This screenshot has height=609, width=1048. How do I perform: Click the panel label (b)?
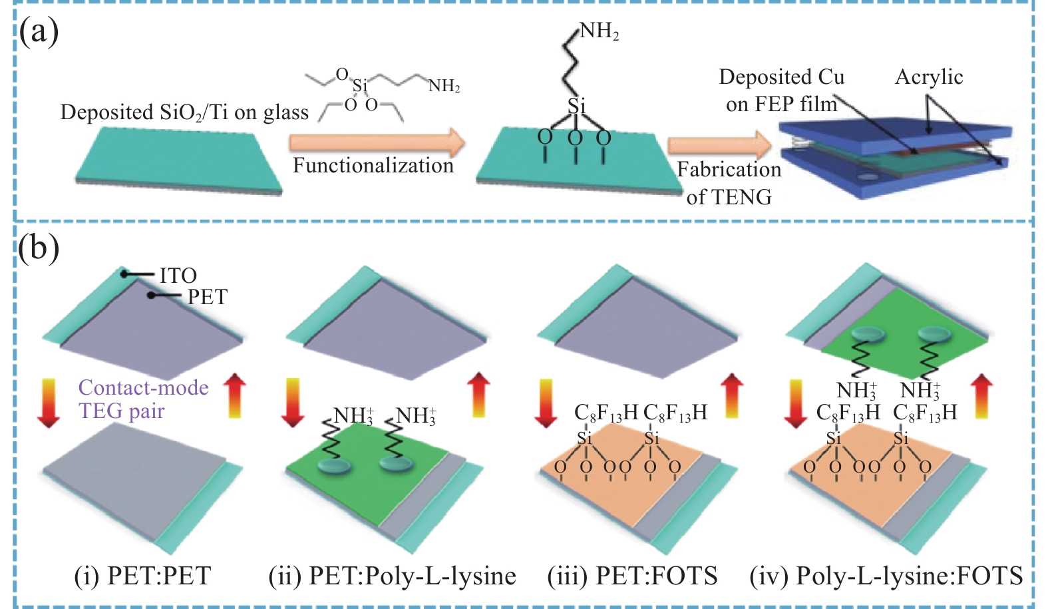(x=39, y=248)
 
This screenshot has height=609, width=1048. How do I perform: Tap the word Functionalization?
(x=373, y=165)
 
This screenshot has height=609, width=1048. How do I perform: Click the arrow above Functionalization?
(x=377, y=142)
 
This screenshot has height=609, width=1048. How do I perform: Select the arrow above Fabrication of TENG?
(x=719, y=146)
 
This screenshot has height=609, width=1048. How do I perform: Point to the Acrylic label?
(x=929, y=77)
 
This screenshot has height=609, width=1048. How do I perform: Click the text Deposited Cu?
(x=782, y=77)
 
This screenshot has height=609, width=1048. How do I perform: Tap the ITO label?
(x=178, y=276)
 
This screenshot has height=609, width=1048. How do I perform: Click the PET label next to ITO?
(x=207, y=297)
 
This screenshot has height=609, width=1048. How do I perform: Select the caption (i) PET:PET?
(x=142, y=576)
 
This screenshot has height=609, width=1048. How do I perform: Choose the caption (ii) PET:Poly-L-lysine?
(x=393, y=576)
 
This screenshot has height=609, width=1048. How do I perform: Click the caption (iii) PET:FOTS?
(x=632, y=576)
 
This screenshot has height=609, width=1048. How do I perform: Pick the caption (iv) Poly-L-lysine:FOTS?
(x=886, y=576)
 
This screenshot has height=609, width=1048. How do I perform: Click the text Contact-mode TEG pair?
(x=143, y=399)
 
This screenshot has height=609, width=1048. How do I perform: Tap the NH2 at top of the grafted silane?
(x=599, y=31)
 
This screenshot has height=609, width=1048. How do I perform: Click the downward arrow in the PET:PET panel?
(x=49, y=403)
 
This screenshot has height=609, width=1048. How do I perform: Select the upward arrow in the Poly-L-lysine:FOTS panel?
(x=981, y=397)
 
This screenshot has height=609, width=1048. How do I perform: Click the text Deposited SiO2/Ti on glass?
(x=184, y=112)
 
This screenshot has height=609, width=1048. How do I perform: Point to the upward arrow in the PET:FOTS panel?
(x=732, y=397)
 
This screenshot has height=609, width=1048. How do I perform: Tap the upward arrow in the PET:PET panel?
(x=234, y=397)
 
